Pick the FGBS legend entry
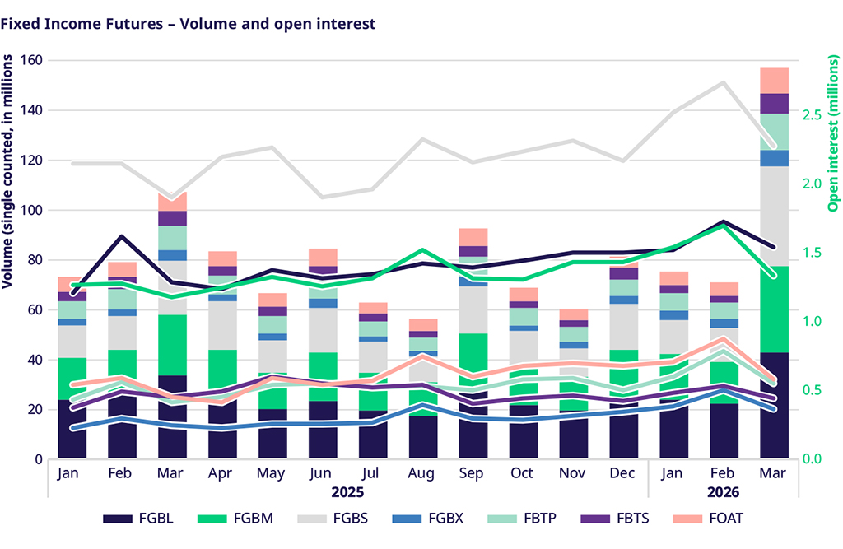[x=347, y=519]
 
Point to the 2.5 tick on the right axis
[x=810, y=114]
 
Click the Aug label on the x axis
[x=424, y=473]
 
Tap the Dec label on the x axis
[x=625, y=473]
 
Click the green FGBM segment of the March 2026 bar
[x=774, y=309]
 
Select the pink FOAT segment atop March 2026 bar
[x=774, y=81]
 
